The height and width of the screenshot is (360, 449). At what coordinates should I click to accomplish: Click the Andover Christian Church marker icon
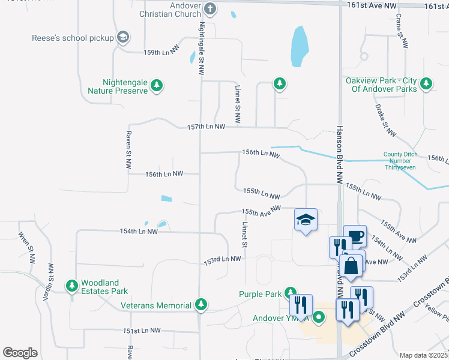209,8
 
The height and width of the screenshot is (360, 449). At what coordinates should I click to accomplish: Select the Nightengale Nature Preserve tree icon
157,85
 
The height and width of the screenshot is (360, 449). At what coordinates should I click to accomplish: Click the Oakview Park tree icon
427,84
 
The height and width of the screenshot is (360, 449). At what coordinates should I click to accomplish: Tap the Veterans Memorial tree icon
202,305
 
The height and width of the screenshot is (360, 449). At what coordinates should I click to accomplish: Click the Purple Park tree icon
291,293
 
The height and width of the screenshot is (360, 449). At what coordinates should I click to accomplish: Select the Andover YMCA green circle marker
319,317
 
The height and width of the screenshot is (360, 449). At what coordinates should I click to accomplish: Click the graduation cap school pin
306,220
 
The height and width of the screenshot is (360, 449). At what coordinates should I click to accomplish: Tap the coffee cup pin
355,235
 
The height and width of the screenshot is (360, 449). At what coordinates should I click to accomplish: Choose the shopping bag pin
351,265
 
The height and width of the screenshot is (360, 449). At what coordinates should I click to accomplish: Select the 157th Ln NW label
206,127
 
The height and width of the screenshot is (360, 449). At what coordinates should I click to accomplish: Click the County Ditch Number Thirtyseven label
400,161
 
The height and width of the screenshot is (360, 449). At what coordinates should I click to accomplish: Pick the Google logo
20,352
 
